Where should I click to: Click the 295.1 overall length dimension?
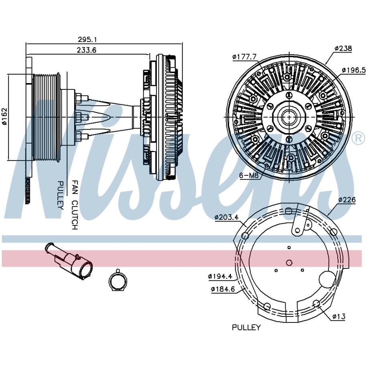(87, 40)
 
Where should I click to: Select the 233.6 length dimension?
(87, 50)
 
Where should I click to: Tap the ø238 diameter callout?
(343, 49)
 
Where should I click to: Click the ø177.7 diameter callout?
(244, 57)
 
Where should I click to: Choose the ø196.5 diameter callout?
(354, 70)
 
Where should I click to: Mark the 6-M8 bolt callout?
(249, 175)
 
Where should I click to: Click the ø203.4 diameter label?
(226, 217)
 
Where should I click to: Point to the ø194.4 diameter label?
(220, 276)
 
